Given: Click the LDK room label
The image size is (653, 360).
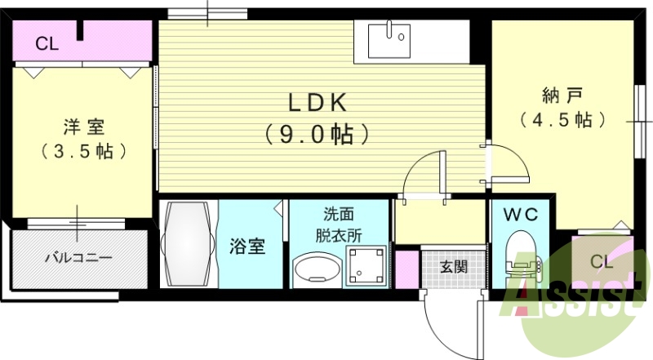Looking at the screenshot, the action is [318, 103].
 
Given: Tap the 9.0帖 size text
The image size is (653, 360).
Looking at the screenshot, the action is [317, 134].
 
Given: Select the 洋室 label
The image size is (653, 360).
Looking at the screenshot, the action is [84, 127].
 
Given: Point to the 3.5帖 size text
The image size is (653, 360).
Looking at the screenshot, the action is [84, 151].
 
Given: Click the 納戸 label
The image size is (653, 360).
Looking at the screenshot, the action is [562, 96].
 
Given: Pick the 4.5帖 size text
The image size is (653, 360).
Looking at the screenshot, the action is [562, 120].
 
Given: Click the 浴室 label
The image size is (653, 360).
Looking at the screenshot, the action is [247, 247].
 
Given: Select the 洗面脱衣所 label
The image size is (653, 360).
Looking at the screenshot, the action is [339, 225].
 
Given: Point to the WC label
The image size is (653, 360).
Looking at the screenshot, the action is [521, 215].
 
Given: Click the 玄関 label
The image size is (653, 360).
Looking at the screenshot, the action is [454, 267].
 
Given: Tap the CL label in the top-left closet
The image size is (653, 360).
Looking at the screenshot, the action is [47, 44].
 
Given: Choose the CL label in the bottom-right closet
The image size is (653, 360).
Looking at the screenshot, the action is [602, 262].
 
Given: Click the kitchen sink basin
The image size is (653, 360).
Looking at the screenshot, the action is [389, 41].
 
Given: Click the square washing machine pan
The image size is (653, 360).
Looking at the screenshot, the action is [366, 267].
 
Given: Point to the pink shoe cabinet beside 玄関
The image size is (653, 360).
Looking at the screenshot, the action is [406, 269].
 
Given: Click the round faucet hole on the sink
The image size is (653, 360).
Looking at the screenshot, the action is [401, 38].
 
